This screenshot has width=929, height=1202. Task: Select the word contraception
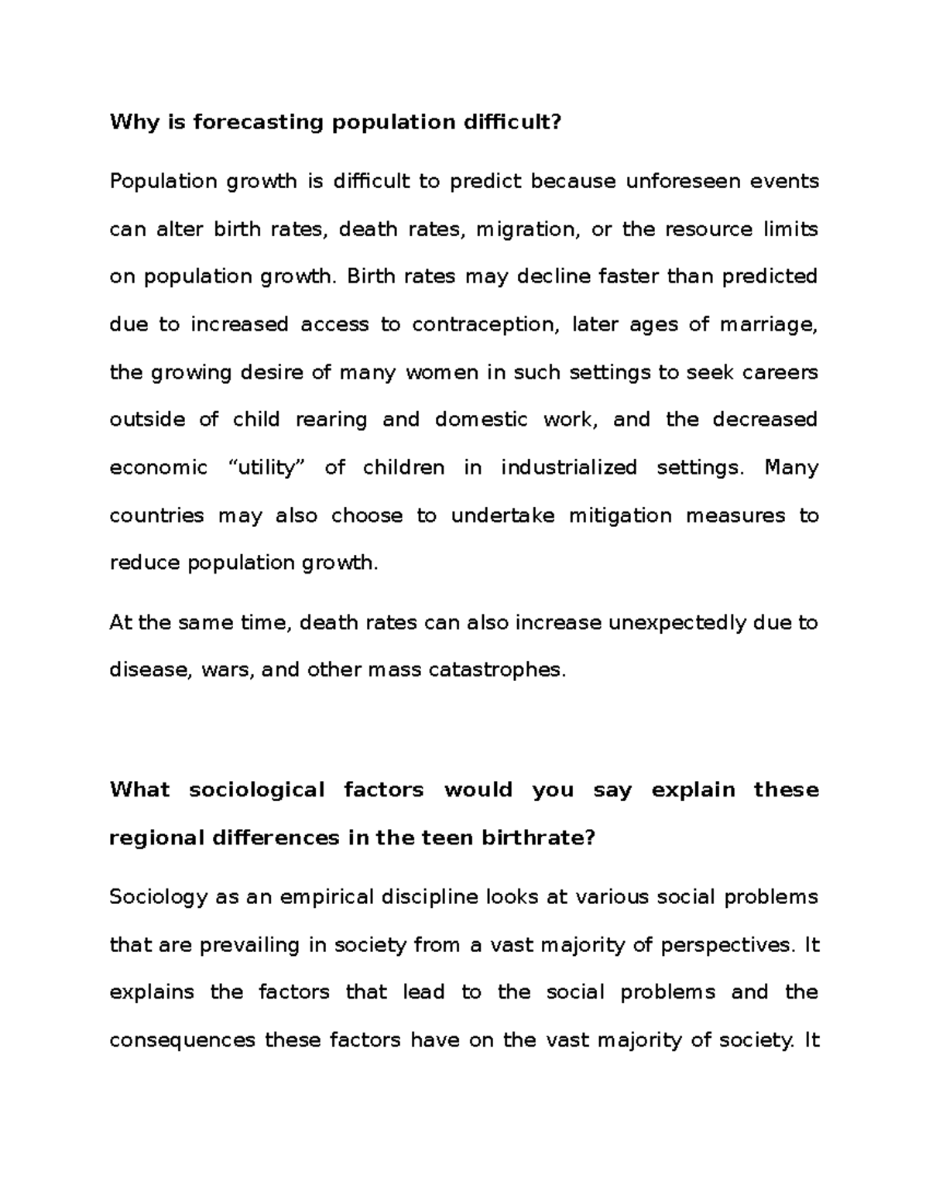pos(484,324)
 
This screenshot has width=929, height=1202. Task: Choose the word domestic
pos(478,420)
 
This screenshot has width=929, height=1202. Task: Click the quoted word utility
pos(266,467)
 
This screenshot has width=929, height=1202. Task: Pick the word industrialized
pos(568,467)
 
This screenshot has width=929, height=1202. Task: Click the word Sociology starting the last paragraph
pos(159,897)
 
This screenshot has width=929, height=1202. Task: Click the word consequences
pos(182,1040)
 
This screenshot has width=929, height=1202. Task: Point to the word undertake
pos(502,515)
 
